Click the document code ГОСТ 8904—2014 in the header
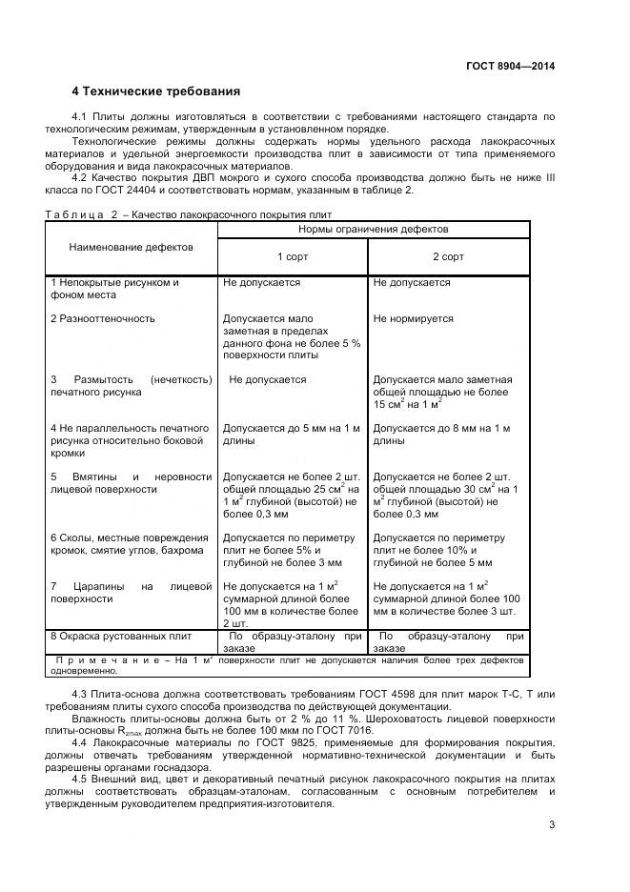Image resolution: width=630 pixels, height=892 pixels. [x=510, y=66]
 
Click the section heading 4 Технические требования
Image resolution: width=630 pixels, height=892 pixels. [x=156, y=91]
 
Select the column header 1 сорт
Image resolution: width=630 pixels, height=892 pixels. [x=293, y=257]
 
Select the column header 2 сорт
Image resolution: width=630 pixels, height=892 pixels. [x=449, y=257]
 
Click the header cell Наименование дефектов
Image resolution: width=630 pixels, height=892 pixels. [x=131, y=247]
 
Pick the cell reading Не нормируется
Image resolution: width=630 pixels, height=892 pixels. [x=414, y=319]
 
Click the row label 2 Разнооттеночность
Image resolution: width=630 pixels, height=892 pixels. [x=103, y=319]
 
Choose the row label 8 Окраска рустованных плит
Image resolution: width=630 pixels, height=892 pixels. [x=121, y=636]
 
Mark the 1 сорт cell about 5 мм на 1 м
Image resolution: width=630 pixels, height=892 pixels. [x=292, y=434]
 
